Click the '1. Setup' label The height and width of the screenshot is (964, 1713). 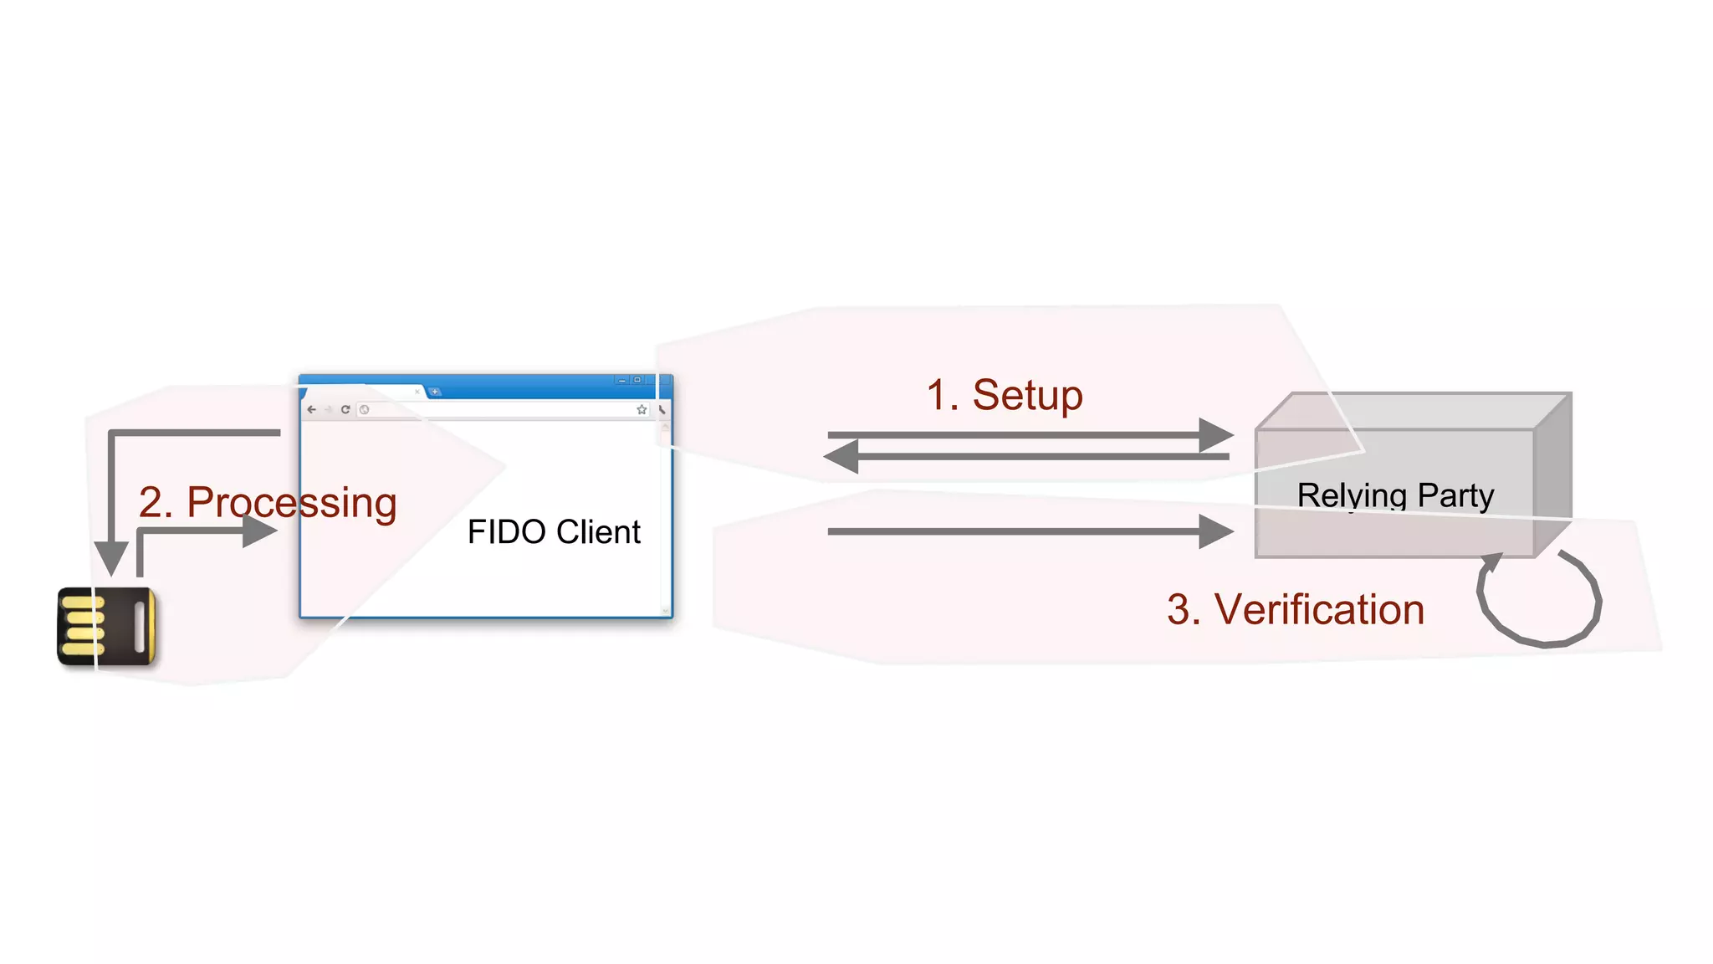(1005, 395)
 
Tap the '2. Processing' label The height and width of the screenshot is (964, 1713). (268, 502)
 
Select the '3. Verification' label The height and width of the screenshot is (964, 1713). (1295, 609)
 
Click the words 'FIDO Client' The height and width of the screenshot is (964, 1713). (554, 532)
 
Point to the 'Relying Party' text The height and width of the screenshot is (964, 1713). (1395, 495)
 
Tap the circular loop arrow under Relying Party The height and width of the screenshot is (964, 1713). (1539, 599)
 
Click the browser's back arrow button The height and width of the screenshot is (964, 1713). (312, 409)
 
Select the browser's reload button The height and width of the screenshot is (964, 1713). (345, 409)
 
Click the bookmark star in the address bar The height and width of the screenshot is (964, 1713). (642, 409)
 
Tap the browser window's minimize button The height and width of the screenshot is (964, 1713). (621, 381)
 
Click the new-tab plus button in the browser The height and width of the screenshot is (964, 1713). (435, 392)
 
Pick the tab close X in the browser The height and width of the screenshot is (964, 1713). (417, 391)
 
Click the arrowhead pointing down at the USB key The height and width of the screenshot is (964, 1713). (111, 556)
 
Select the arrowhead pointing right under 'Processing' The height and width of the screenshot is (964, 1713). (259, 531)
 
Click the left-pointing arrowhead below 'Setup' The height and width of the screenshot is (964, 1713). (842, 457)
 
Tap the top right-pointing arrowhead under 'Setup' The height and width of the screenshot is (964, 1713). (1214, 435)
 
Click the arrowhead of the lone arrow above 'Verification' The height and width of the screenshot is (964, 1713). (1214, 531)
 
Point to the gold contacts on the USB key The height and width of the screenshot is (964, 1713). (82, 626)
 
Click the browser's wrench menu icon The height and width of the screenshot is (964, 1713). (662, 409)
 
